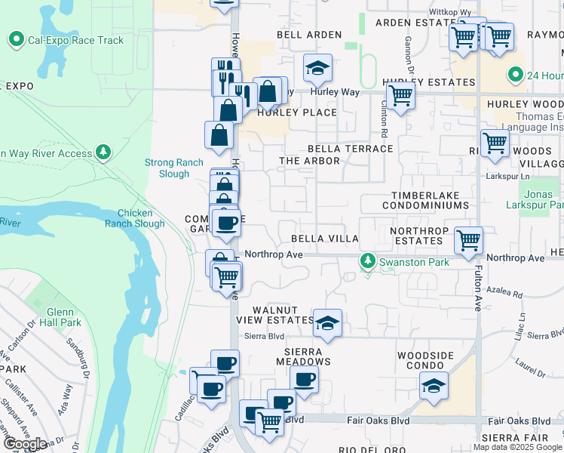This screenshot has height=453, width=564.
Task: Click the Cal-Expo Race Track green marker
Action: pos(16,39)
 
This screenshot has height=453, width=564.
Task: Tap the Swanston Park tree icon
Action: pos(368,262)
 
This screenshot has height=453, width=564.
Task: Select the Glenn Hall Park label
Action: pos(59,318)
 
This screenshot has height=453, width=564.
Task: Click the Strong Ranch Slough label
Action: pos(167,168)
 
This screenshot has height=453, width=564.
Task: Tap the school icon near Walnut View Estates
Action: pos(327,322)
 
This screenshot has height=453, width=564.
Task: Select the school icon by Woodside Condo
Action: pos(434,385)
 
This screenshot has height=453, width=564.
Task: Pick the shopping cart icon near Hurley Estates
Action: pos(400,95)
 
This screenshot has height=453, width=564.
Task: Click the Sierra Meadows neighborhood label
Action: pos(304,356)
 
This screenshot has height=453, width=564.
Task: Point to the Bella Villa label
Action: pos(325,239)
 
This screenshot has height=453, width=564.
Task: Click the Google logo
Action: pos(25,444)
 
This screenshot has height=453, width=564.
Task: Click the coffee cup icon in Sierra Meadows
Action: pos(304,379)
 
